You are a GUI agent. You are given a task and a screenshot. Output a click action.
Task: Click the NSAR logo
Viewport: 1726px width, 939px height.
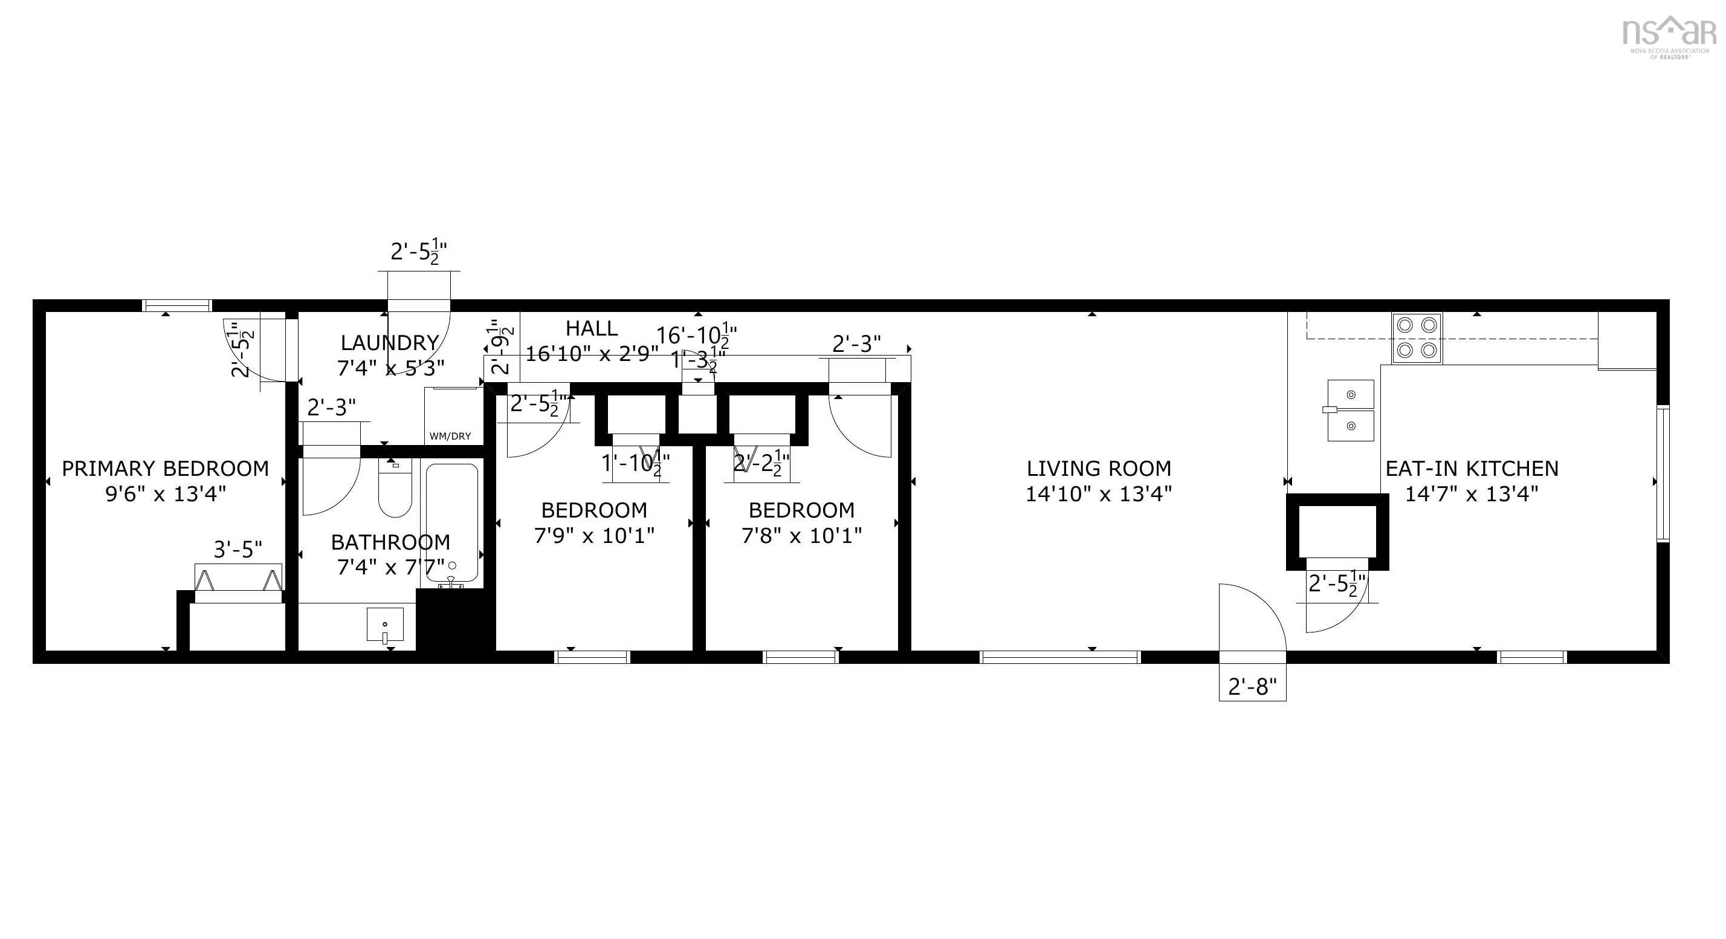1669,35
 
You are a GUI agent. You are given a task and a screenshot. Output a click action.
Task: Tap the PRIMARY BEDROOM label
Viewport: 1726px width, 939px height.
166,468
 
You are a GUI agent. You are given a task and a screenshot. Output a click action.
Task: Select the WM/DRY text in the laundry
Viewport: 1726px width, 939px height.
450,437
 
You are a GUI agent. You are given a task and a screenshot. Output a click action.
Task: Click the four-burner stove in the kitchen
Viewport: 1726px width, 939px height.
1417,338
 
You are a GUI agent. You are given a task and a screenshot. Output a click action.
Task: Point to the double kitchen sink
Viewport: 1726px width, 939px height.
1350,410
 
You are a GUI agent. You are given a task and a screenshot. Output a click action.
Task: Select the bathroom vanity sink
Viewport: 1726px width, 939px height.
386,625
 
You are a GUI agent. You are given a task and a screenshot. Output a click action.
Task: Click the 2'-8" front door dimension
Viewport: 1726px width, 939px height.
1252,687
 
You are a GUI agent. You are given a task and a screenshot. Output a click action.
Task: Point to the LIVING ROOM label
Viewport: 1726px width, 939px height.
1098,468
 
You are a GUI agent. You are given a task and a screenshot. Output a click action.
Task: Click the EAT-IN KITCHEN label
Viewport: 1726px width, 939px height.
1472,468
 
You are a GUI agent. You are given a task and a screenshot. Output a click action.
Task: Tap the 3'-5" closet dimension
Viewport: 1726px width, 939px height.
238,550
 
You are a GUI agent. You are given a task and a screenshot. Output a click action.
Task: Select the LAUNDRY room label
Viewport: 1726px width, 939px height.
389,342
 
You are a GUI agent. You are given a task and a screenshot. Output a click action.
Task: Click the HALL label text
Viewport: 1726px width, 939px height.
591,328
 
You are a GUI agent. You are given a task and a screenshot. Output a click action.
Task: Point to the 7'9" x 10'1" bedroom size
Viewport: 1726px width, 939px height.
593,536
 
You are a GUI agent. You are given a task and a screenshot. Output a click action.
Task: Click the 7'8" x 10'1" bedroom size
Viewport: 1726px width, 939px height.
801,536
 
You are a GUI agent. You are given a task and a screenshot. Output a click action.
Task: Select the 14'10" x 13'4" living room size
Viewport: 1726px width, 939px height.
1098,494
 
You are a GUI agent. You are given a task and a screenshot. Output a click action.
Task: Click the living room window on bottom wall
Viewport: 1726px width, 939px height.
1060,657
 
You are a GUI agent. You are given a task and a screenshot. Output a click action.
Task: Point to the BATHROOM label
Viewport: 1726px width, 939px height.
390,542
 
